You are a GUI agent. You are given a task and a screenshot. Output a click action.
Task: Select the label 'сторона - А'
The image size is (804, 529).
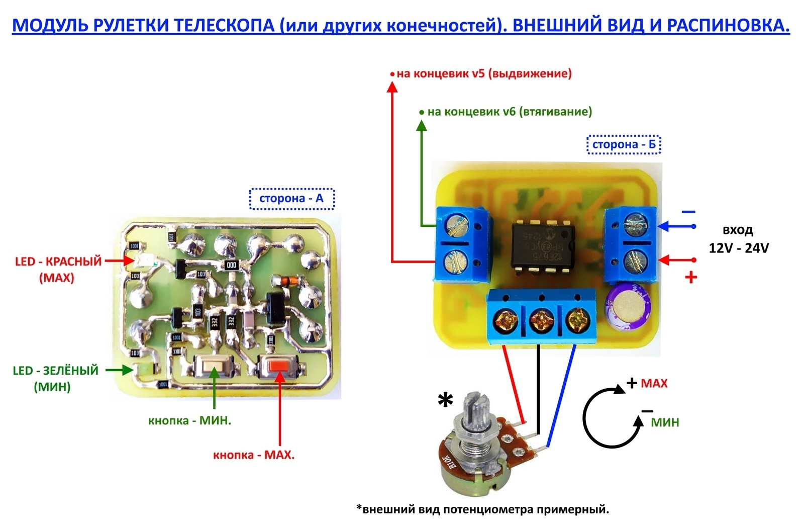click(291, 199)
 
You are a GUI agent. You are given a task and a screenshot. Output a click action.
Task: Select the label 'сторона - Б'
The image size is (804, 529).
click(624, 145)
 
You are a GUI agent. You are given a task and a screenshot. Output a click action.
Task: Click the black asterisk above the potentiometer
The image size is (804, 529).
click(445, 401)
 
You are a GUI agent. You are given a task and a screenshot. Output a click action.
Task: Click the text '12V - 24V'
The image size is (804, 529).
click(739, 248)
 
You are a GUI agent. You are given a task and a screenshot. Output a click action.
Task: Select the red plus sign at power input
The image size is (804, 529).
click(691, 277)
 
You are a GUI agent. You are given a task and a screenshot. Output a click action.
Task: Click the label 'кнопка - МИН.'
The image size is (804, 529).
click(189, 421)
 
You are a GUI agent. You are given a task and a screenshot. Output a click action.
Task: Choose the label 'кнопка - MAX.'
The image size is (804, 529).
click(254, 455)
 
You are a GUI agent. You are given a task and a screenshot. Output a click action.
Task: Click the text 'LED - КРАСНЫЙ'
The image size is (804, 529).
click(58, 261)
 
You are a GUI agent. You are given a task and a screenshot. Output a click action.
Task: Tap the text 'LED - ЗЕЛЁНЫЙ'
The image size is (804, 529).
click(55, 371)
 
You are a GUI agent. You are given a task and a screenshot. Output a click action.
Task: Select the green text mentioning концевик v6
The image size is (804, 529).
click(510, 112)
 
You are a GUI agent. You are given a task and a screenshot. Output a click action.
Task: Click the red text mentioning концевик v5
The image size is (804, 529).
click(484, 73)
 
